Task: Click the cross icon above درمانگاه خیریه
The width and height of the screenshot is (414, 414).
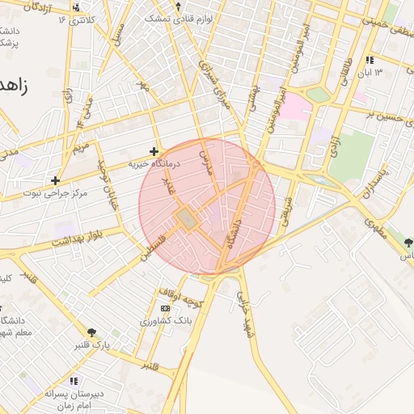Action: tap(154, 151)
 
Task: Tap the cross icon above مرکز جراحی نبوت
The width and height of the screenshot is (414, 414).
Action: tap(55, 180)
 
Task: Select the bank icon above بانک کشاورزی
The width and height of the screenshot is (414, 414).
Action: tap(166, 308)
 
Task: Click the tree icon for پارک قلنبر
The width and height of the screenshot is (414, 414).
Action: tap(91, 332)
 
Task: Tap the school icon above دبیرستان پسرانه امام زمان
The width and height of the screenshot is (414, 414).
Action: tap(74, 381)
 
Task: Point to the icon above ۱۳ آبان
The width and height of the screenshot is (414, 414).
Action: tap(370, 60)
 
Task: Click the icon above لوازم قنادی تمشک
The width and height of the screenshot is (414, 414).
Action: tap(178, 6)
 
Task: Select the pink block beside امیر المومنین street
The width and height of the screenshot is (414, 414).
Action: tap(295, 108)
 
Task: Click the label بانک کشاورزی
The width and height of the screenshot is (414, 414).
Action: tap(171, 321)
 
